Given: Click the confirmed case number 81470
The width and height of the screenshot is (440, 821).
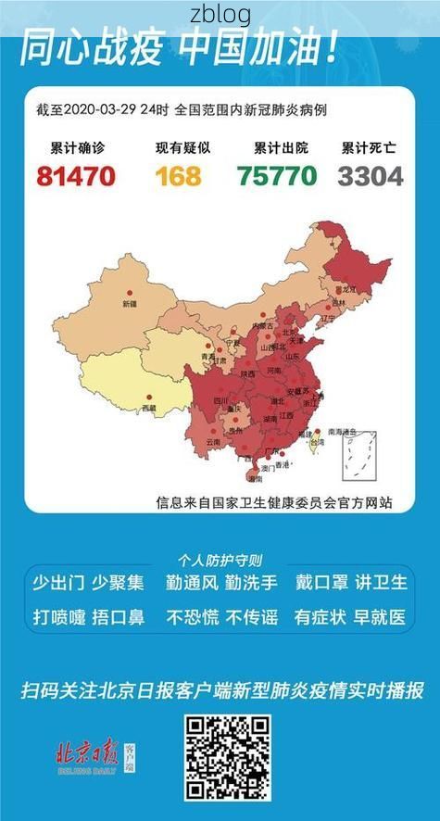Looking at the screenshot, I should [x=76, y=175].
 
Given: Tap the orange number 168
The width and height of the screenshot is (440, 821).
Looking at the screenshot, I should [x=178, y=175].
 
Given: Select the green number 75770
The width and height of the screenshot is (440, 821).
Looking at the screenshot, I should [x=276, y=175].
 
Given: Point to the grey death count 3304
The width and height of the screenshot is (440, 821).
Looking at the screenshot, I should [x=371, y=175].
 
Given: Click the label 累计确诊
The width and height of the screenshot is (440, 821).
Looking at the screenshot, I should [x=77, y=147].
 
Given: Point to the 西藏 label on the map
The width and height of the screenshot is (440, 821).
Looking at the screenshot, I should [x=148, y=408].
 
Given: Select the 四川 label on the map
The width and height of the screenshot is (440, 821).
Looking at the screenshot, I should [x=221, y=400].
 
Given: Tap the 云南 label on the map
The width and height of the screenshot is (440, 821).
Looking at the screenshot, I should [x=213, y=443].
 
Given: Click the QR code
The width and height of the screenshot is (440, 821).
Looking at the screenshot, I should [x=227, y=757].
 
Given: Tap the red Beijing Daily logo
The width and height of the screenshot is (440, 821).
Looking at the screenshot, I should [x=87, y=752].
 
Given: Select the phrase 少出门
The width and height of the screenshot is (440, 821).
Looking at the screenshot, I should [x=58, y=583].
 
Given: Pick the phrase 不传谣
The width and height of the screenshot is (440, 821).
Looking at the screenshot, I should [x=252, y=617].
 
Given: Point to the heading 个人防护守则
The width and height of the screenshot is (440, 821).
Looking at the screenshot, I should [x=220, y=560].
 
